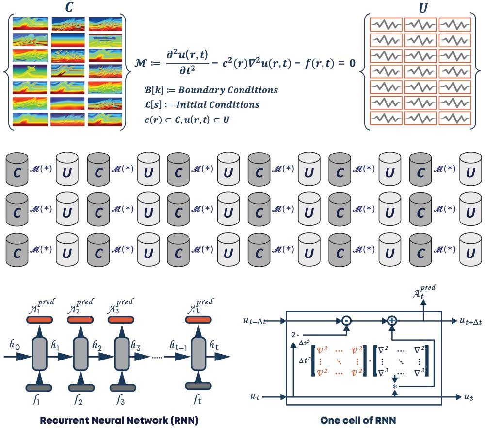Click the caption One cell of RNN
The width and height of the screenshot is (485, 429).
click(x=358, y=420)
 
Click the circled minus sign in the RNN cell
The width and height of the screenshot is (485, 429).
click(x=346, y=321)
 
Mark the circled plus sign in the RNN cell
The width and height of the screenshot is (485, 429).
click(x=391, y=321)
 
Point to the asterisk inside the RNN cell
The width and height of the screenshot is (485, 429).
click(x=395, y=386)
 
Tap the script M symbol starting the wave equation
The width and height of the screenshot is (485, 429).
click(x=144, y=64)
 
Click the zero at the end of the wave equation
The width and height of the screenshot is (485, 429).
click(x=352, y=64)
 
